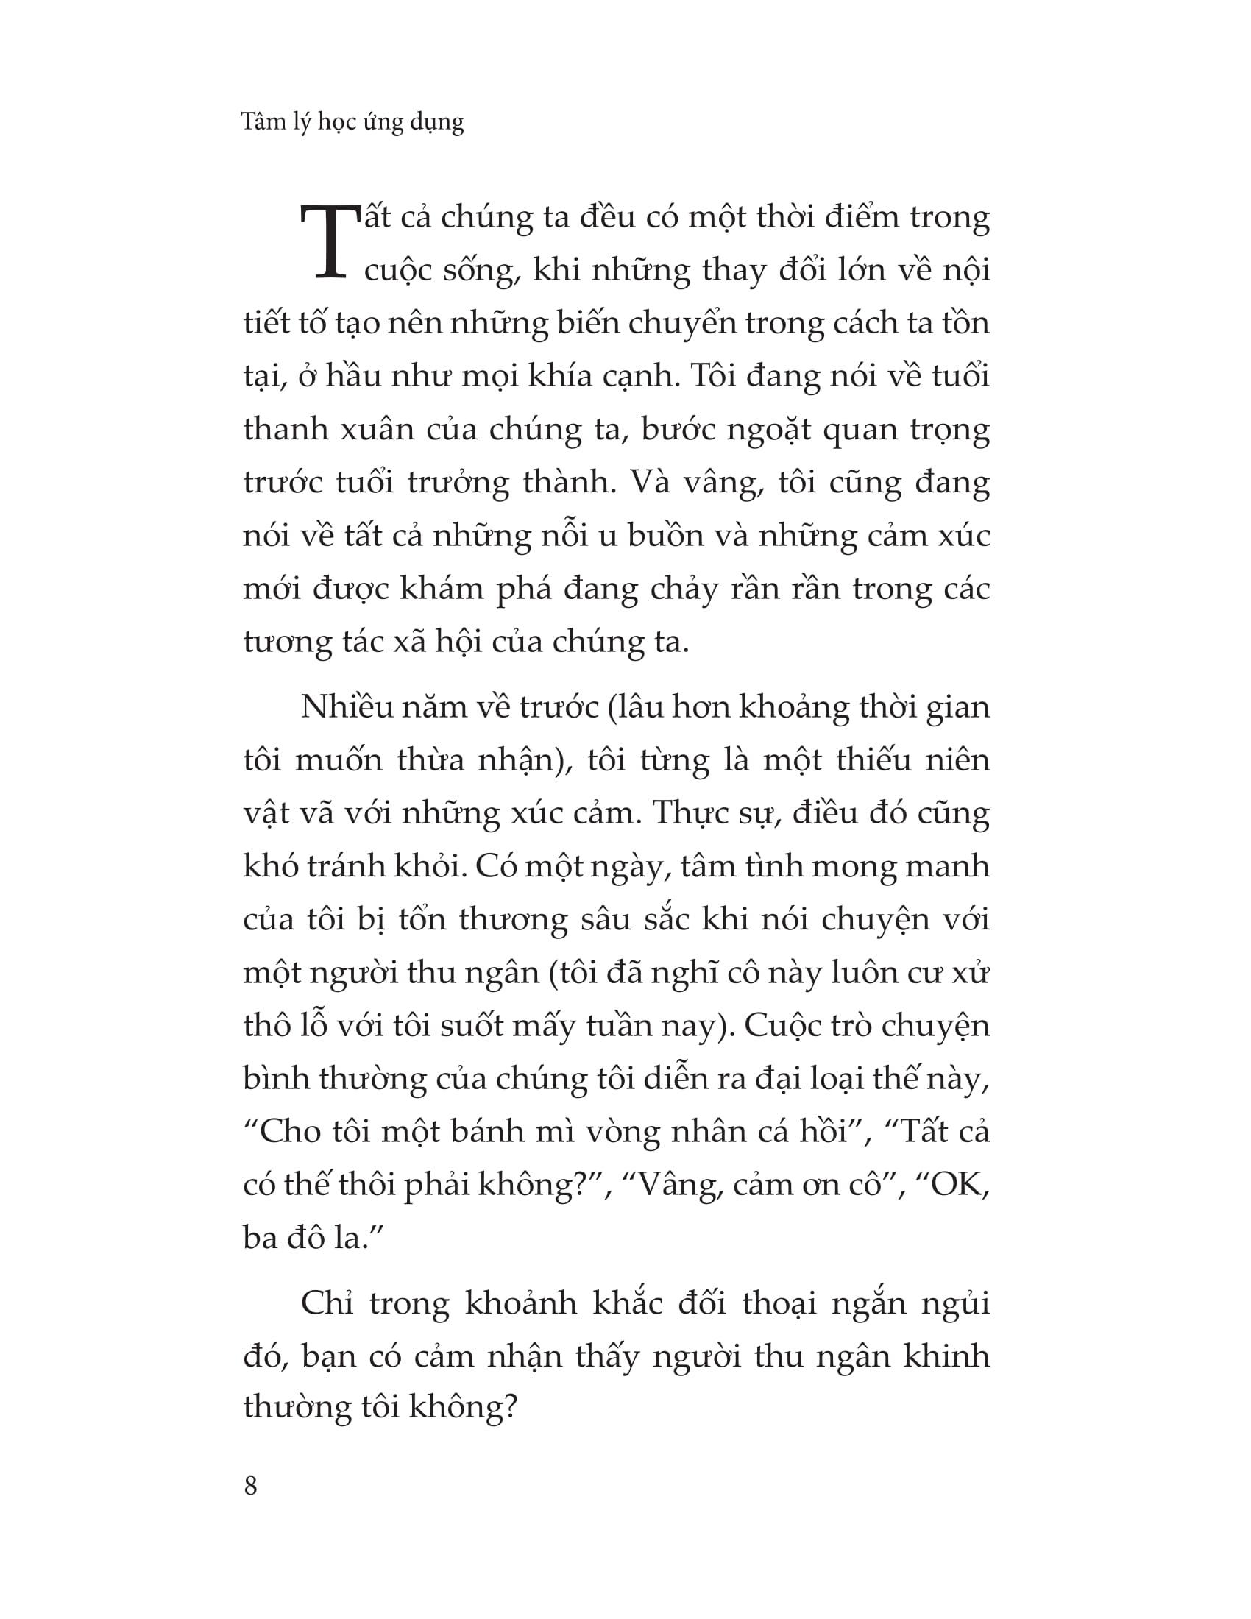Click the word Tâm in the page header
tap(264, 121)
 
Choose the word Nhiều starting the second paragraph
tap(344, 707)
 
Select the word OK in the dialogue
tap(960, 1185)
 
